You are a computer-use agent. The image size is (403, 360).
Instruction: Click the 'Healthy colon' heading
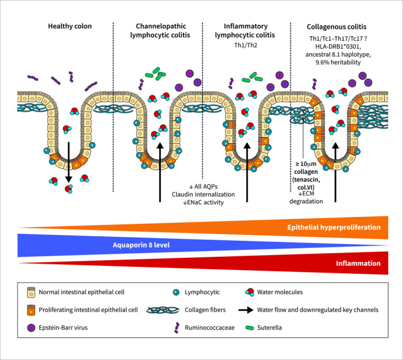coord(70,26)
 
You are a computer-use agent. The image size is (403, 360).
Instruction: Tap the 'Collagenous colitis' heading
coord(336,27)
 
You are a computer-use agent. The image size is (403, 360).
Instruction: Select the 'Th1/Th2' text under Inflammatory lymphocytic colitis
coord(246,45)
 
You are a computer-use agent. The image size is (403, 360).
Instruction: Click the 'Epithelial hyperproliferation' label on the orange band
coord(334,227)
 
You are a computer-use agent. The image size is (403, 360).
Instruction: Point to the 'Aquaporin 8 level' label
coord(141,245)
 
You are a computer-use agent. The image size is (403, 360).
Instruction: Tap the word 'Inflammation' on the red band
coord(358,263)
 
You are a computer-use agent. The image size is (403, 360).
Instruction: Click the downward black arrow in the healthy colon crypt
coord(68,162)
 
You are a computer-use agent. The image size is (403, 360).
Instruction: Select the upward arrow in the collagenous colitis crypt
coord(335,172)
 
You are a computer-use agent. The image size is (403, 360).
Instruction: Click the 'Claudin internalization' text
coord(203,194)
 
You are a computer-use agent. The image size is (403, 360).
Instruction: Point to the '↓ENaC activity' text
coord(203,202)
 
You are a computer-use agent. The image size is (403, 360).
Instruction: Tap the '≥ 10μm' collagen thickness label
coord(306,164)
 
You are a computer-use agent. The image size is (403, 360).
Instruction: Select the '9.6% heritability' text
coord(338,62)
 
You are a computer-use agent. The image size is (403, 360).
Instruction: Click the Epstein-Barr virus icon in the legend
coord(31,328)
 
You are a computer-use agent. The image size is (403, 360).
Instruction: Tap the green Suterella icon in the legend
coord(250,328)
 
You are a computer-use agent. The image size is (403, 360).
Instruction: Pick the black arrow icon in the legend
coord(246,310)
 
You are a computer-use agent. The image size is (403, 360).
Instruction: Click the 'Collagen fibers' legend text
coord(205,310)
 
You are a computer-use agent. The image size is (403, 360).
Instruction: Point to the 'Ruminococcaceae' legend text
coord(210,328)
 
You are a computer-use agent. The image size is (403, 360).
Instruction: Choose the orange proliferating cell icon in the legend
coord(31,310)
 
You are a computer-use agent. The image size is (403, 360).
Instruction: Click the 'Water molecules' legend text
coord(280,292)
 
